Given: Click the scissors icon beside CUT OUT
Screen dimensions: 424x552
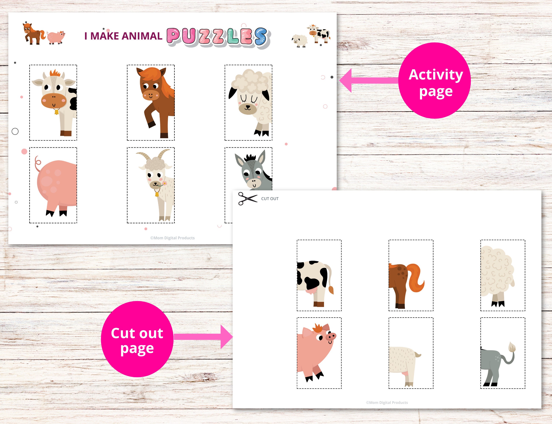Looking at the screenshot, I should (247, 199).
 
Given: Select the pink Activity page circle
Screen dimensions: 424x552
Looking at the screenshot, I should (434, 81).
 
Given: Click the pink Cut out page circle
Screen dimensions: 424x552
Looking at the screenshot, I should (137, 339).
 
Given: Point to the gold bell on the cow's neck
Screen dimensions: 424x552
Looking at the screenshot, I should (56, 111).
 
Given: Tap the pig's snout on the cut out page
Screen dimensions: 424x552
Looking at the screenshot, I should (331, 336).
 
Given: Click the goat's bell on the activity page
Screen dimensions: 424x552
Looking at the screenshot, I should (157, 194).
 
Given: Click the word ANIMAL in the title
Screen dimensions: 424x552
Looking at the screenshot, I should (142, 36).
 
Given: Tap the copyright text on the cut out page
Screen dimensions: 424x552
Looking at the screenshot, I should (387, 403).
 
